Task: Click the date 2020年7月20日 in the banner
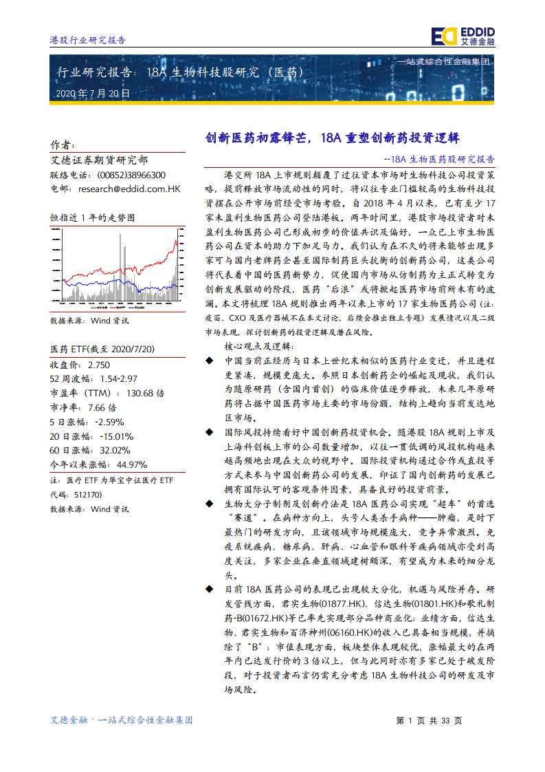[x=92, y=93]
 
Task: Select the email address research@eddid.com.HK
[x=129, y=188]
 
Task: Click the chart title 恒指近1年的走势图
[x=93, y=217]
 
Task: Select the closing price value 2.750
[x=99, y=365]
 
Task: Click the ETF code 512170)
[x=85, y=494]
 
